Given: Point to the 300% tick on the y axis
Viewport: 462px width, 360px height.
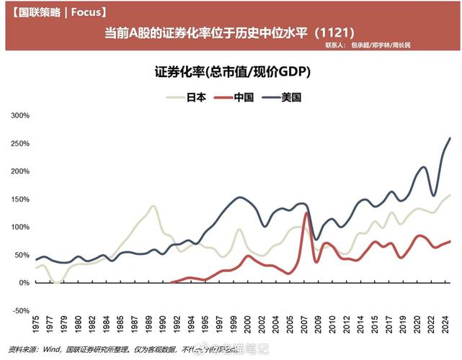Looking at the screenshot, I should pyautogui.click(x=20, y=115).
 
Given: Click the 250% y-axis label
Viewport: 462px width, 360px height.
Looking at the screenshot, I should pyautogui.click(x=20, y=143).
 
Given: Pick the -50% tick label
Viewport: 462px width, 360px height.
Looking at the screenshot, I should pyautogui.click(x=20, y=310).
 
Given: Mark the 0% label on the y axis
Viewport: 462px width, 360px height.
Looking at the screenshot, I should pyautogui.click(x=24, y=282).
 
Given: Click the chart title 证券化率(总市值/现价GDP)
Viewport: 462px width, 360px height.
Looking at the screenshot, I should pyautogui.click(x=228, y=73).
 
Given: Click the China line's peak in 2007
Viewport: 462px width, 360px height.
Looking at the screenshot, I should pyautogui.click(x=307, y=213).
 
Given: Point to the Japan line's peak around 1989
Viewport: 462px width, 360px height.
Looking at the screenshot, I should pyautogui.click(x=153, y=206).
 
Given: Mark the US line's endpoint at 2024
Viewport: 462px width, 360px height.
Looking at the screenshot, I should pyautogui.click(x=450, y=138).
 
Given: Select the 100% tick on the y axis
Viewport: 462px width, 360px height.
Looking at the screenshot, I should pyautogui.click(x=20, y=227).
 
